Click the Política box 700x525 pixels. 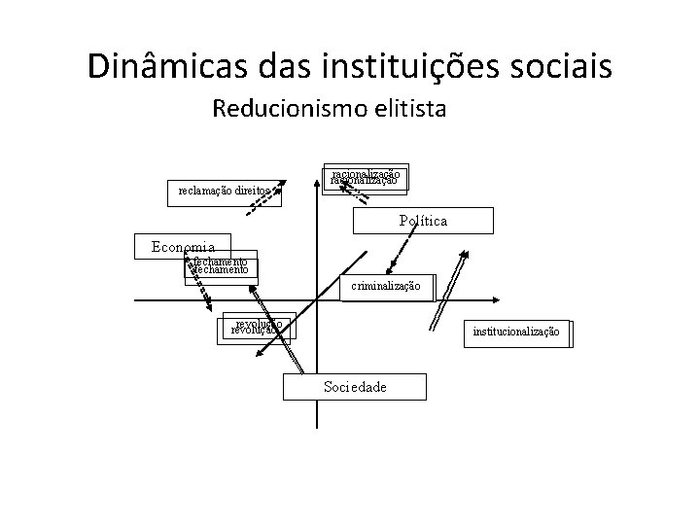[423, 221]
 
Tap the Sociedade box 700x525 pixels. [354, 387]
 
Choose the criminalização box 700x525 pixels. [386, 286]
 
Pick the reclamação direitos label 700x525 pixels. [223, 190]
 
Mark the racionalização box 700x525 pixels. [365, 176]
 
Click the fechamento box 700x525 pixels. [222, 266]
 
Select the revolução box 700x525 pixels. [258, 328]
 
